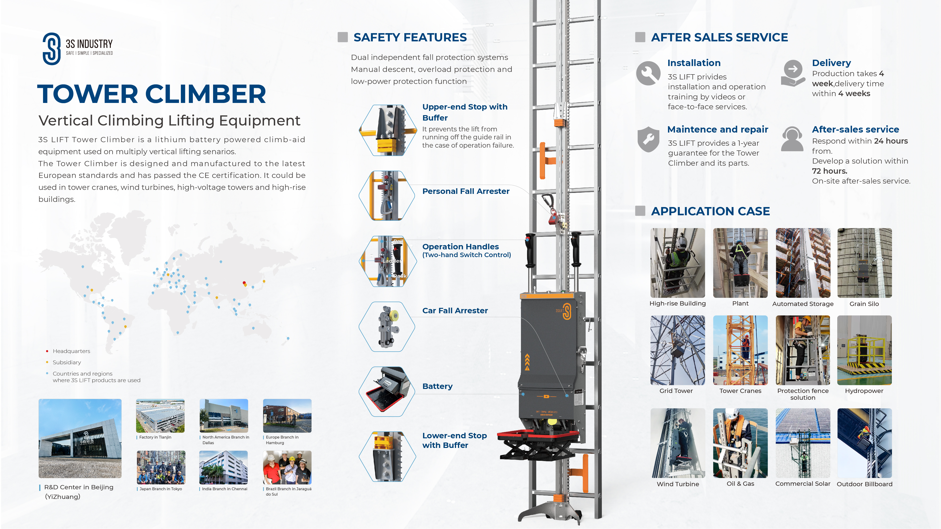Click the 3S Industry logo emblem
pyautogui.click(x=52, y=49)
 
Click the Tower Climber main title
pyautogui.click(x=152, y=94)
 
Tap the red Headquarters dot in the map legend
pyautogui.click(x=47, y=351)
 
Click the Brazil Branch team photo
pyautogui.click(x=287, y=467)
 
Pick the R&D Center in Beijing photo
pyautogui.click(x=80, y=439)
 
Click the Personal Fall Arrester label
pyautogui.click(x=466, y=191)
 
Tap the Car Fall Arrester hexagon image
pyautogui.click(x=387, y=327)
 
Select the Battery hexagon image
pyautogui.click(x=387, y=391)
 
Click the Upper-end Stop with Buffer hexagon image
pyautogui.click(x=388, y=130)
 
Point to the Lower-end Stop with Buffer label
pyautogui.click(x=454, y=440)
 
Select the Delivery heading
pyautogui.click(x=831, y=63)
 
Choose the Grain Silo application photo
pyautogui.click(x=864, y=263)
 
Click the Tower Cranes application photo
pyautogui.click(x=740, y=350)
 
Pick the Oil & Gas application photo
pyautogui.click(x=740, y=443)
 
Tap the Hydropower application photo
pyautogui.click(x=864, y=350)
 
